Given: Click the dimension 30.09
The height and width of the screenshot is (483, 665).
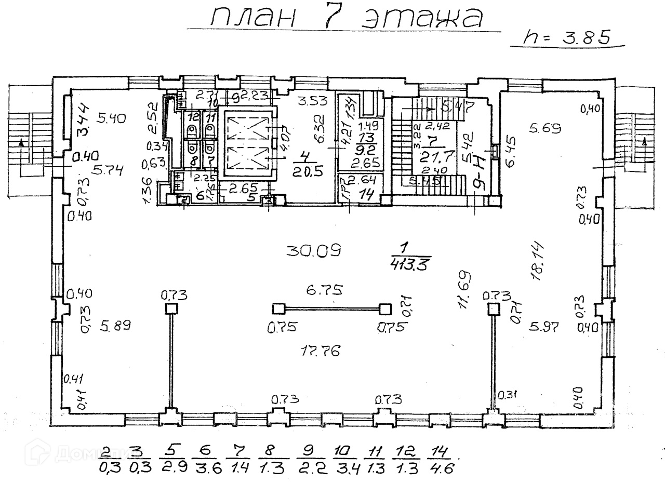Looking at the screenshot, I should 313,251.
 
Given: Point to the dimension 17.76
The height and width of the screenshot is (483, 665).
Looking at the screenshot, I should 321,352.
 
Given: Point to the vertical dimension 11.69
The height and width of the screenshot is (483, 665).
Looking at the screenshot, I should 464,290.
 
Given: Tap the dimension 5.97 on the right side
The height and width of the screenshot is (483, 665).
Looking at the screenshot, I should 543,327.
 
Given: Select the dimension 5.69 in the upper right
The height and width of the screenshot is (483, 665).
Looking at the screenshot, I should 546,127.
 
